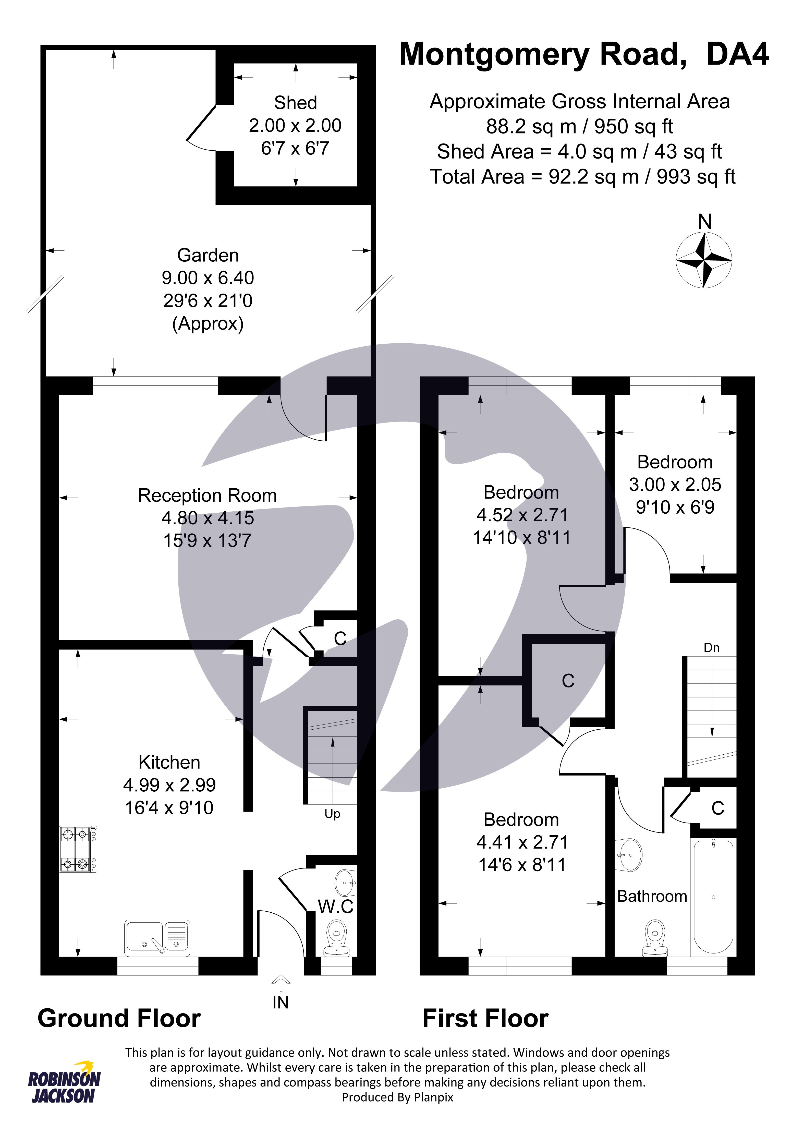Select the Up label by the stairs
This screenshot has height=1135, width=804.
(x=332, y=814)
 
